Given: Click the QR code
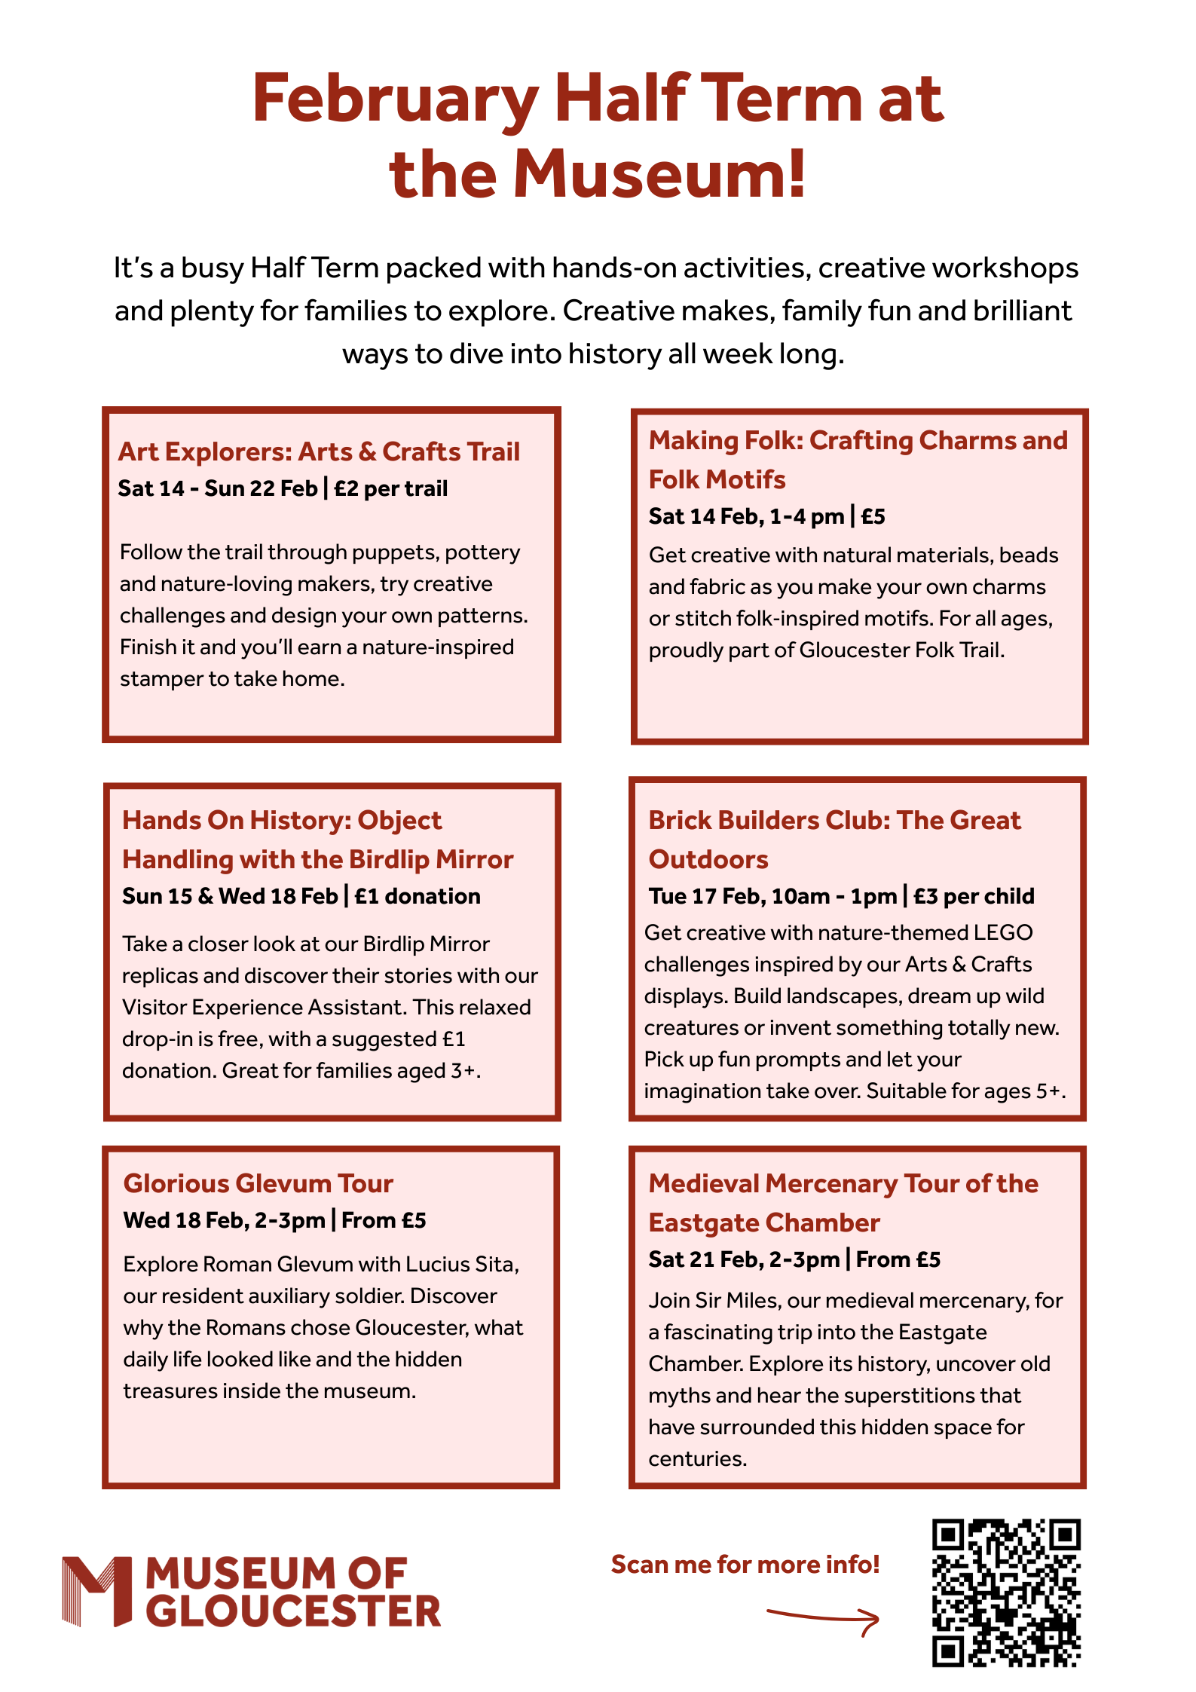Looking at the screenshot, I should pos(1006,1592).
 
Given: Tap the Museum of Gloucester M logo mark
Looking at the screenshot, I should pos(97,1590).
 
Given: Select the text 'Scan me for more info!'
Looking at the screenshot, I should pos(745,1565).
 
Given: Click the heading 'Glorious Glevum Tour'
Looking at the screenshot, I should pos(258,1183).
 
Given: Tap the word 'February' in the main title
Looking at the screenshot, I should pos(395,99).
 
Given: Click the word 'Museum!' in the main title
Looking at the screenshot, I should pos(660,174).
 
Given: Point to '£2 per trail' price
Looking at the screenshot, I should pos(391,488).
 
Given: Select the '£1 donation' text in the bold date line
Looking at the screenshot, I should pos(418,896).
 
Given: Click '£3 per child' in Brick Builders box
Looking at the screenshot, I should pos(974,896).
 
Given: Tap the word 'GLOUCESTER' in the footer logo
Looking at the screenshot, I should pos(293,1611).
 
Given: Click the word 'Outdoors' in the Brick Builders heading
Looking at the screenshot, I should pos(708,859).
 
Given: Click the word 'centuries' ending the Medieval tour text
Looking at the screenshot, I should pos(696,1458).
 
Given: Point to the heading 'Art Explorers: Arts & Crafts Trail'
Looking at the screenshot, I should pos(319,451).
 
